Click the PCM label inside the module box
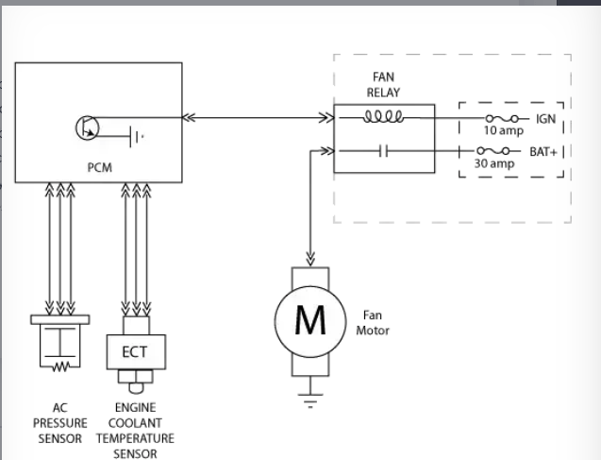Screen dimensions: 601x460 pos(100,167)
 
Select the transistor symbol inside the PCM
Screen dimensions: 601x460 pos(88,128)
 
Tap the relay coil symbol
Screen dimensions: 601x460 pos(383,116)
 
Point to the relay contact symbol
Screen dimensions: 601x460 pos(383,151)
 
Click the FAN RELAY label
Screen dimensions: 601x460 pos(383,85)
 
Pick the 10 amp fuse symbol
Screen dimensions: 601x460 pos(502,119)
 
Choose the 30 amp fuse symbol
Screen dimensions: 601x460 pos(492,151)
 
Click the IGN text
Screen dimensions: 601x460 pos(545,119)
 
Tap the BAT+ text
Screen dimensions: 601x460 pos(543,152)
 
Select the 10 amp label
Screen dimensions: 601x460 pos(504,130)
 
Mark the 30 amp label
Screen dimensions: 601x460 pos(494,163)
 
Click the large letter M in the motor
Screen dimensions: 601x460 pos(310,321)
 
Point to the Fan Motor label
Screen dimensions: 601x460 pos(373,323)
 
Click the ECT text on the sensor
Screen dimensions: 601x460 pos(135,351)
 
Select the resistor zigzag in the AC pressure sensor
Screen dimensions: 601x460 pos(60,366)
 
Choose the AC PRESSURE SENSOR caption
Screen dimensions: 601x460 pos(60,423)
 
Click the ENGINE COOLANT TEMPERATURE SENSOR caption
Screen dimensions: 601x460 pos(135,431)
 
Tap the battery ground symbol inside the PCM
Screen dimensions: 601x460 pos(137,136)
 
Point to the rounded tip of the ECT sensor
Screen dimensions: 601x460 pos(136,388)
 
